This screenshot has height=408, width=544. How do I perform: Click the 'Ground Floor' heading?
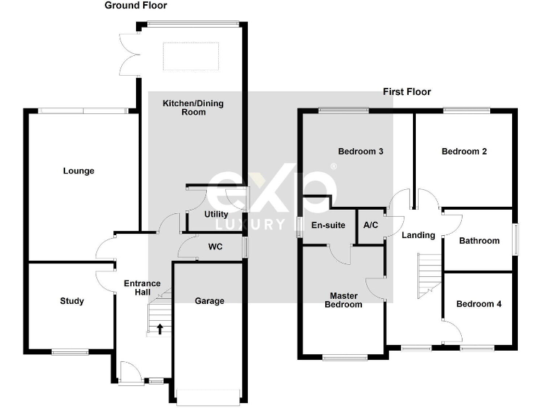(135, 6)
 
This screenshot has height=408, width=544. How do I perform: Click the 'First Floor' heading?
(407, 92)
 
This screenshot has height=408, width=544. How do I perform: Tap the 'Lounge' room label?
(79, 171)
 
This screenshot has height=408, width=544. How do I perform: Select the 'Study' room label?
(72, 301)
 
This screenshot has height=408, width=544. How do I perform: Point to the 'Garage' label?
(210, 301)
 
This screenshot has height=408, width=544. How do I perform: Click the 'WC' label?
(215, 247)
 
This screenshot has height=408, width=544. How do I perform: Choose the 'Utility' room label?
(216, 214)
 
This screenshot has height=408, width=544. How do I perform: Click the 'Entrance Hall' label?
(142, 288)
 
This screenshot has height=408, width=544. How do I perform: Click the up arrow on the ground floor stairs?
(160, 328)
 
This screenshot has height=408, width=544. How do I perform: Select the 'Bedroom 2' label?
(464, 152)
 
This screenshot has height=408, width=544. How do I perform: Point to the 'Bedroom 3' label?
(361, 152)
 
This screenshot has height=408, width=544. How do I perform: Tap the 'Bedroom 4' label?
(478, 304)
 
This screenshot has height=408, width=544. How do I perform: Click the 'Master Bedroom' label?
(343, 300)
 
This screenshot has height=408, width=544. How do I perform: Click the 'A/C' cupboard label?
(370, 225)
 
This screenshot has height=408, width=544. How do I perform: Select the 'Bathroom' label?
(479, 241)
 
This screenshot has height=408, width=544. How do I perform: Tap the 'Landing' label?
(418, 235)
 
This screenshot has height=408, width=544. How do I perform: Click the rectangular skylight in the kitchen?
(191, 57)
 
